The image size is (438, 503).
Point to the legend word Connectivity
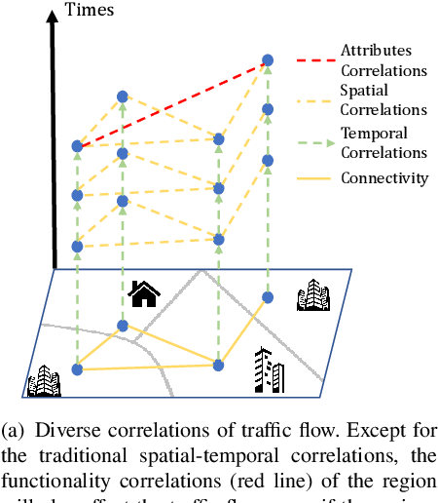pyautogui.click(x=383, y=177)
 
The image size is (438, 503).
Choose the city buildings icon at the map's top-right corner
pyautogui.click(x=313, y=293)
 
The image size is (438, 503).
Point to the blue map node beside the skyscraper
pyautogui.click(x=219, y=365)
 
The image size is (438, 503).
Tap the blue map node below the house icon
pyautogui.click(x=123, y=326)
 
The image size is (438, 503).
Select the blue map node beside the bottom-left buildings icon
pyautogui.click(x=78, y=368)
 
